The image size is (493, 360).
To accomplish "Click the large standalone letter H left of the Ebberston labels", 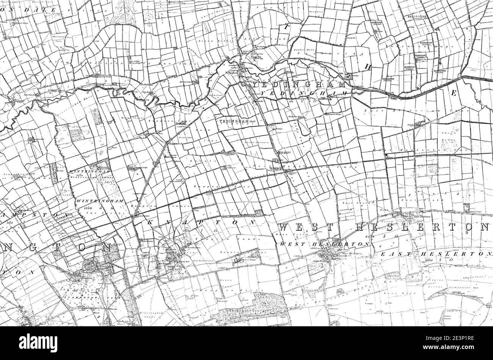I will [367, 67].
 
